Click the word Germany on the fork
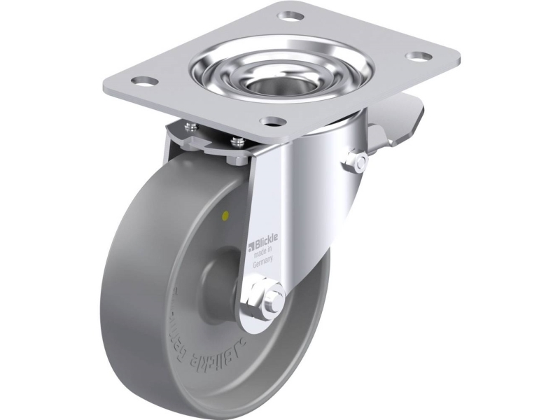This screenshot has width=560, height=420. point(263,260)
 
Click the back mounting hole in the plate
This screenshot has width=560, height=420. point(286,15)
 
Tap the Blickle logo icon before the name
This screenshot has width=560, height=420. point(252,246)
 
